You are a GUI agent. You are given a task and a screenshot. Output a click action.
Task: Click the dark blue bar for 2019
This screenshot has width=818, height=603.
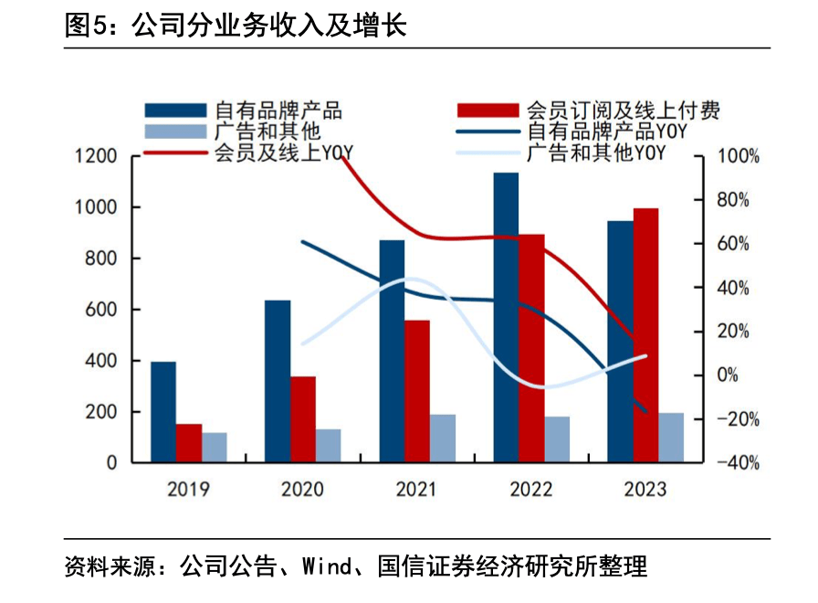[163, 412]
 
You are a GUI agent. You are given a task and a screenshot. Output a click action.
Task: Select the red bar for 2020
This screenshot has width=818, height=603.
[303, 419]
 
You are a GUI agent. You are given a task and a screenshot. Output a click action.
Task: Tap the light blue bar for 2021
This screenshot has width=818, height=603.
[443, 439]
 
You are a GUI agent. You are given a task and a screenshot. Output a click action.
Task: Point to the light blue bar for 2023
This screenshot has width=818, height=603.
[671, 438]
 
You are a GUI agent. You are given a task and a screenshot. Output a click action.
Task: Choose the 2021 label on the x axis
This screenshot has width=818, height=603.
[417, 489]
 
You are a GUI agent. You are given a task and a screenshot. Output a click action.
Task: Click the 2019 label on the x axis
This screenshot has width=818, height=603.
[188, 489]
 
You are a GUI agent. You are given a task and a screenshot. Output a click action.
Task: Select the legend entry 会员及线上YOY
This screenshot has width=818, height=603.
[284, 153]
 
